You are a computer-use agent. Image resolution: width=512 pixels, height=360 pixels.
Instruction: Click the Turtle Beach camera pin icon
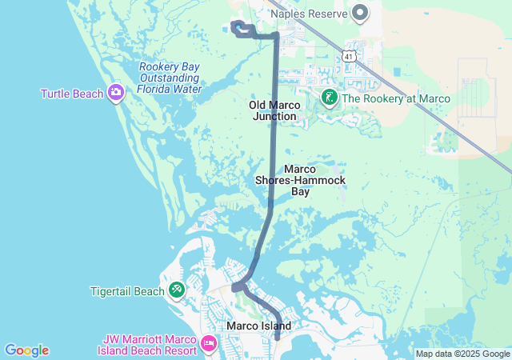[116, 94]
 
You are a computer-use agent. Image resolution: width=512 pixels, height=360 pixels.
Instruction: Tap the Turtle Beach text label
[73, 94]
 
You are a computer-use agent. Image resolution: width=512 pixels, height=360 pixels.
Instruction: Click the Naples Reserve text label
[309, 14]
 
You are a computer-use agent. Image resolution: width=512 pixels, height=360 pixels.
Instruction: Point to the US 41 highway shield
[346, 54]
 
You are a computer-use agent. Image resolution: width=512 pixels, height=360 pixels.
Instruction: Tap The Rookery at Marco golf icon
[329, 98]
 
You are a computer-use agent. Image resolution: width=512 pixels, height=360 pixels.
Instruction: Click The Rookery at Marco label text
[396, 98]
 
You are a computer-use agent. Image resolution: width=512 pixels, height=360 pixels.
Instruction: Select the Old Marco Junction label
[274, 110]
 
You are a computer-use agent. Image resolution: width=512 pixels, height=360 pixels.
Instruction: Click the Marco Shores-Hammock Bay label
[300, 180]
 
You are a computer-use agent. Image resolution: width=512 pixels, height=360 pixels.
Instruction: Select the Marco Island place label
[258, 326]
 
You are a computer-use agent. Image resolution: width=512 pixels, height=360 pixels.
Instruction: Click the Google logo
[26, 350]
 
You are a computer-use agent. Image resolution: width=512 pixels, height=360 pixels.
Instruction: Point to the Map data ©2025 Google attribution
[462, 354]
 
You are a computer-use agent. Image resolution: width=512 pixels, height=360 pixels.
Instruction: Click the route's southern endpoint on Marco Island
[277, 338]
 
